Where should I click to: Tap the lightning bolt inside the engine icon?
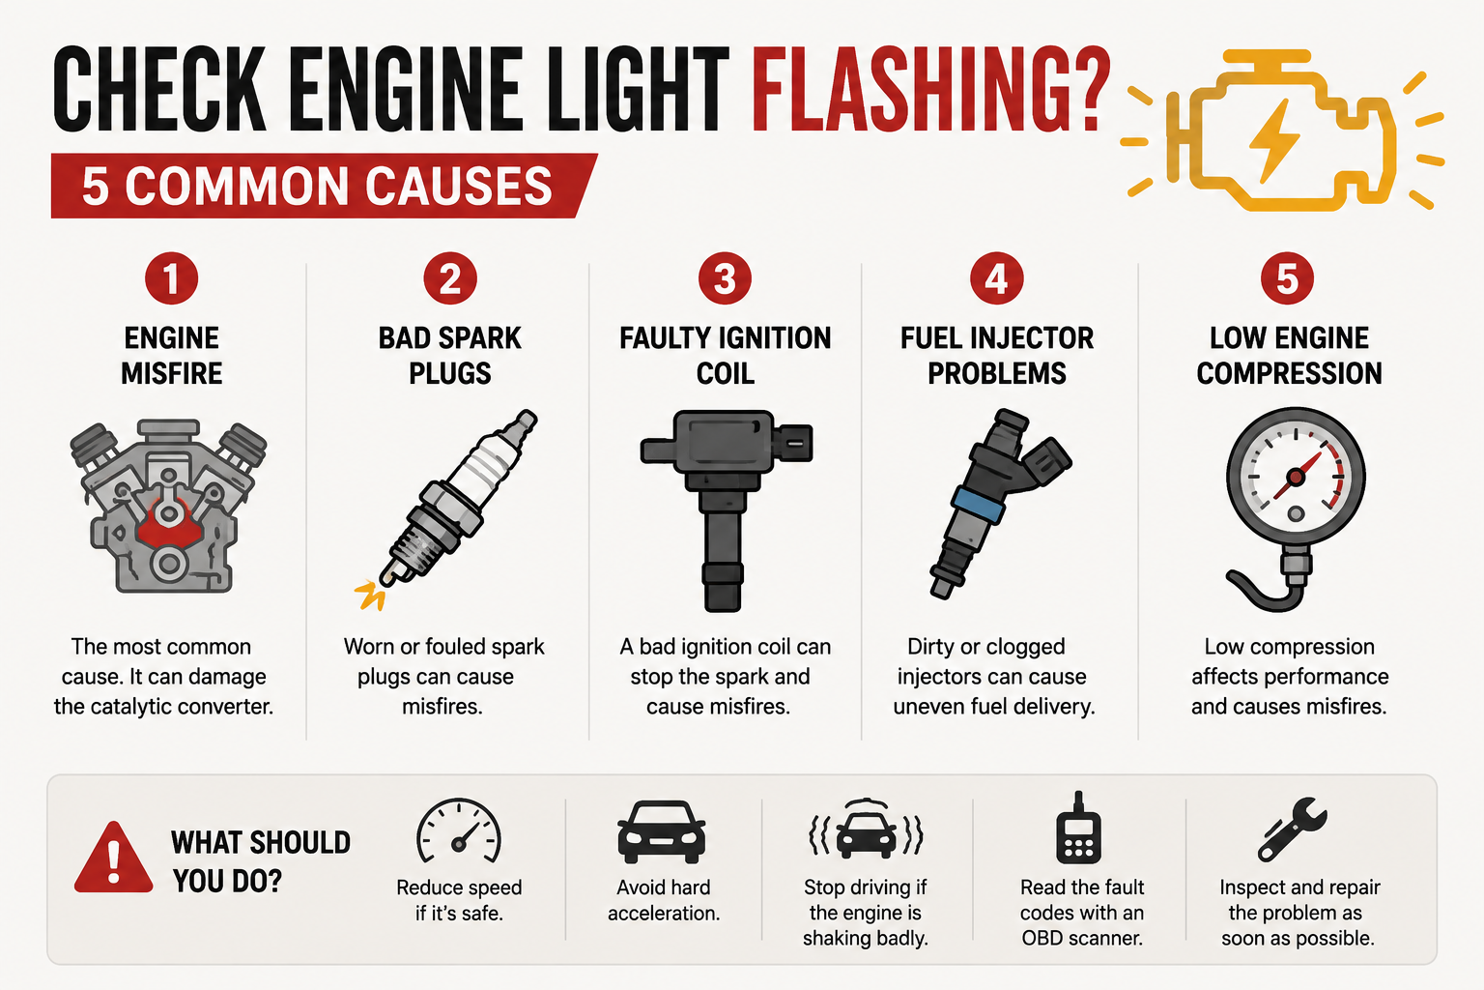pyautogui.click(x=1273, y=140)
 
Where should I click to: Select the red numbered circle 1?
pyautogui.click(x=172, y=278)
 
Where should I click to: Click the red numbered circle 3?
pyautogui.click(x=725, y=278)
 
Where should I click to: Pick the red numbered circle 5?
pyautogui.click(x=1287, y=278)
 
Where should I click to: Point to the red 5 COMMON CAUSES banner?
pyautogui.click(x=324, y=186)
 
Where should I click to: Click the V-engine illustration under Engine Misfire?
pyautogui.click(x=168, y=506)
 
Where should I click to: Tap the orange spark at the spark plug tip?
pyautogui.click(x=370, y=595)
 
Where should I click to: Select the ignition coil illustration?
pyautogui.click(x=727, y=510)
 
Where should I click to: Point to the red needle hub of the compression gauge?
pyautogui.click(x=1296, y=477)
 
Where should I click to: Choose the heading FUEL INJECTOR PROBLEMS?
pyautogui.click(x=996, y=356)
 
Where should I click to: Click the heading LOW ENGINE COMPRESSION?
pyautogui.click(x=1289, y=356)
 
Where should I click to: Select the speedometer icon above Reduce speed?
pyautogui.click(x=459, y=830)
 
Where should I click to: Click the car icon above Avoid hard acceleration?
pyautogui.click(x=662, y=831)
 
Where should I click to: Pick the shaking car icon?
pyautogui.click(x=866, y=829)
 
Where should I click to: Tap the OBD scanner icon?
pyautogui.click(x=1078, y=828)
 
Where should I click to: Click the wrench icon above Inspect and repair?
pyautogui.click(x=1293, y=830)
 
